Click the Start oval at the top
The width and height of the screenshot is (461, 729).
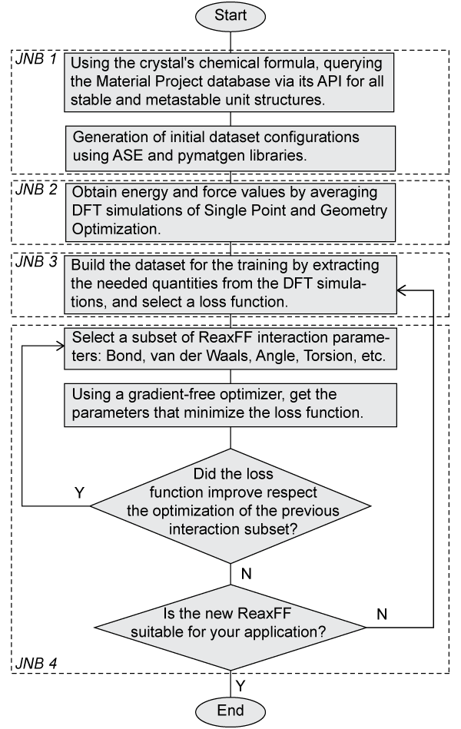231,15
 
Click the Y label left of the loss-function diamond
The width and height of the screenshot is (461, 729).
79,490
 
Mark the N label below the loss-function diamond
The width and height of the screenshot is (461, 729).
246,575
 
